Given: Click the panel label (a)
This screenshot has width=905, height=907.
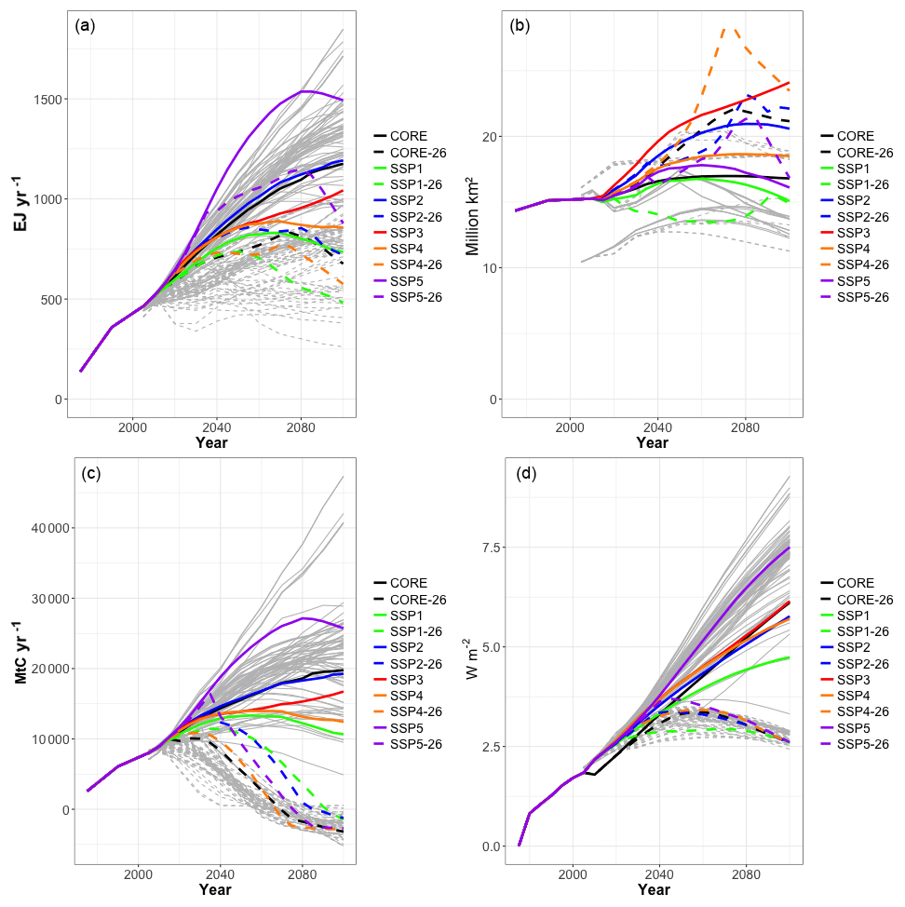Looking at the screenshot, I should pos(85,26).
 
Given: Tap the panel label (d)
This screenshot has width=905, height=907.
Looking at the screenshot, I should pos(526,473).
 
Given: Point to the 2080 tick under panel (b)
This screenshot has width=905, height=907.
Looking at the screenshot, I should pos(744,427).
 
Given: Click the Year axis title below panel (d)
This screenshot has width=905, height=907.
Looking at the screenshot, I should pos(653,890).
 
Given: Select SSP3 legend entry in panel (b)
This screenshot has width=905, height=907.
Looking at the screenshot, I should pos(853,233).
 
